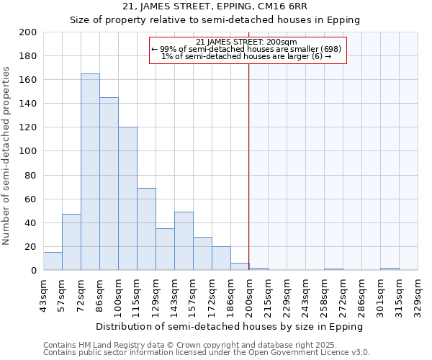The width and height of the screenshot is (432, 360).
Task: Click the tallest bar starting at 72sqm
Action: (90, 172)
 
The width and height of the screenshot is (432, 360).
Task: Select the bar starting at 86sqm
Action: (109, 184)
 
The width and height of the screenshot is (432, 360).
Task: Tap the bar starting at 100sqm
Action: (127, 199)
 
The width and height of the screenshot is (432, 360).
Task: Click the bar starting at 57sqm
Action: (71, 242)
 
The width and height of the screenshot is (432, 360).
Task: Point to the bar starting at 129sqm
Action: (165, 249)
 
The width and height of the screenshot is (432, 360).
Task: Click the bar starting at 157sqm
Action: (202, 253)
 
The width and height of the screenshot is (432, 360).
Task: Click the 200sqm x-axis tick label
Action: (249, 293)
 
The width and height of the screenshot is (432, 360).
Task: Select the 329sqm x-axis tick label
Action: (418, 293)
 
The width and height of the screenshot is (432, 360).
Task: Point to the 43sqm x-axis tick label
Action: (43, 293)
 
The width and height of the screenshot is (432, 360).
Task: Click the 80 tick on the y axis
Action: (31, 175)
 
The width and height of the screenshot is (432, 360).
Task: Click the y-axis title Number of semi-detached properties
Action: (7, 156)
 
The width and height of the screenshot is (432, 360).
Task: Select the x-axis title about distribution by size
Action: (230, 326)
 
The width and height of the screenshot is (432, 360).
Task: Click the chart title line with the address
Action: (215, 6)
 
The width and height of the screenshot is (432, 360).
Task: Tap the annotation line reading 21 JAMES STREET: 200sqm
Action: (247, 42)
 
